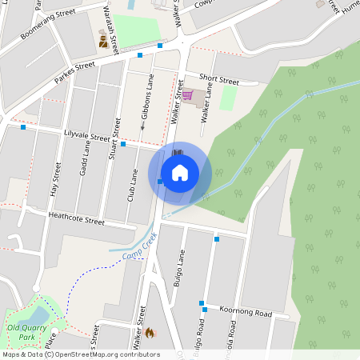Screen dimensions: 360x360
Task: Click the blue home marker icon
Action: pos(180,172)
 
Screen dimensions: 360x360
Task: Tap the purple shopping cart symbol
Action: pos(187,96)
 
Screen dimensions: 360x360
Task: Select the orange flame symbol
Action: pos(149,332)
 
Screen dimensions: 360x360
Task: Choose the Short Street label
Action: pos(219,81)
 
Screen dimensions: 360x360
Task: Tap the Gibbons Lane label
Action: pos(147,102)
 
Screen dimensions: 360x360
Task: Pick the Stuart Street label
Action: pos(114,140)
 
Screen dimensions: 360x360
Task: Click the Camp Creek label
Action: pos(138,250)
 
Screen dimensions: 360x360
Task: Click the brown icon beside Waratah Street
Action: pos(104,40)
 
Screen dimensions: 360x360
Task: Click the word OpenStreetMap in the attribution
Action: pos(86,354)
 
